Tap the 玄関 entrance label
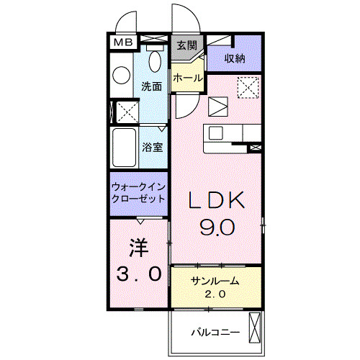(x=186, y=45)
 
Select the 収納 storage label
(x=233, y=58)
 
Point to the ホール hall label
(x=187, y=77)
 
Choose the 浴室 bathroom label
(x=151, y=147)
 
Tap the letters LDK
(x=217, y=201)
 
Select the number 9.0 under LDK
(x=217, y=228)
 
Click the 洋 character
(x=138, y=248)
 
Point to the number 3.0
(x=138, y=274)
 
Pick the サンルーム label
(x=215, y=282)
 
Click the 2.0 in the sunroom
(x=215, y=294)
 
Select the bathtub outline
(x=123, y=146)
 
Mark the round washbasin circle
(x=121, y=74)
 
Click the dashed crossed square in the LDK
(x=248, y=87)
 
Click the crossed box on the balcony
(x=253, y=328)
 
